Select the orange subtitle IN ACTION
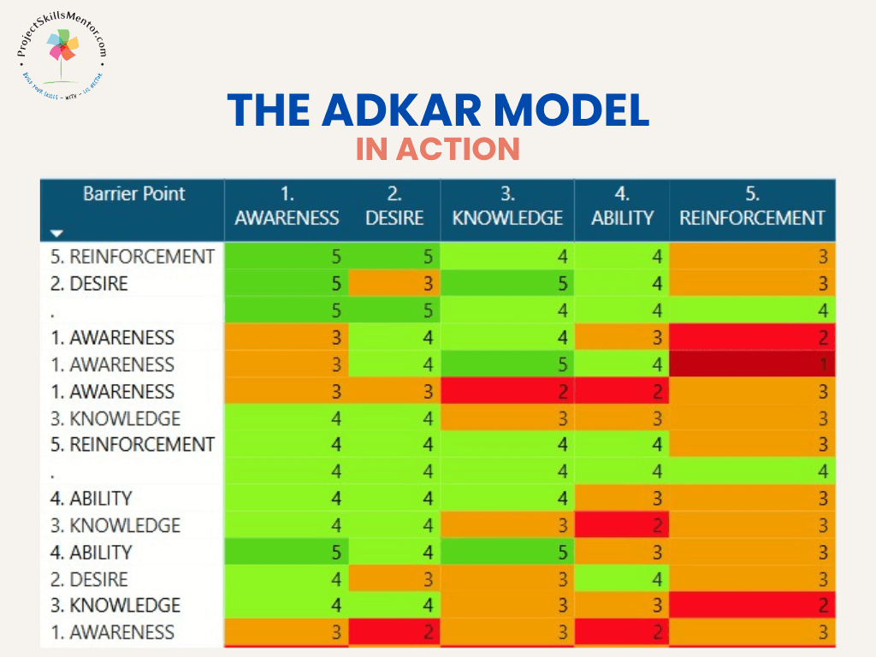point(438,149)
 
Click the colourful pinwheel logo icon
point(61,50)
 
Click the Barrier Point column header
point(133,193)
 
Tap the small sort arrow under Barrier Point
point(56,232)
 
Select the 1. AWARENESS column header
point(287,206)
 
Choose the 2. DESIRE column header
point(394,206)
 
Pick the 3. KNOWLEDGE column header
point(507,206)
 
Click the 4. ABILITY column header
point(622,206)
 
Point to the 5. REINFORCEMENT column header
point(752,206)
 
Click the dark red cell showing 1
point(752,364)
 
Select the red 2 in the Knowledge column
point(507,392)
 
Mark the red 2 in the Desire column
point(394,632)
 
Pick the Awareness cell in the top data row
point(287,256)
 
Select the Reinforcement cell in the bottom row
point(752,632)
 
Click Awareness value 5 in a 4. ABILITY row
point(287,552)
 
